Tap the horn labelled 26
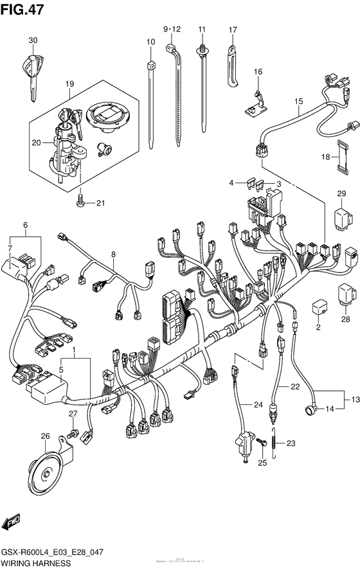coord(44,474)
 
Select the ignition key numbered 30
coord(32,68)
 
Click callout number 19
coord(69,84)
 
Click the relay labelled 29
coord(341,217)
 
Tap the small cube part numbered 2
coord(318,307)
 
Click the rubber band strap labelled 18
coord(337,157)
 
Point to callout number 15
coord(298,102)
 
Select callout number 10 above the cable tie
coord(150,42)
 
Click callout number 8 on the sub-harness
coord(113,254)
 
